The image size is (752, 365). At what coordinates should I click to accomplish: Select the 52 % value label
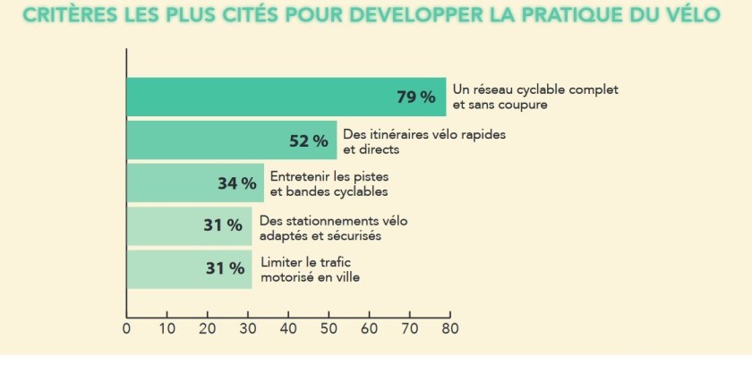point(308,141)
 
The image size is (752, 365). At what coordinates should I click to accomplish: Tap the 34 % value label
point(236,183)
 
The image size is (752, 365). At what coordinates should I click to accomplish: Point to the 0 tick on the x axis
point(126,328)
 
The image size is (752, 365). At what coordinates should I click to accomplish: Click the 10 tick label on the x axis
point(167,328)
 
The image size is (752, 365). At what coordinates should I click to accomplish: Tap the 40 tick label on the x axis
point(288,328)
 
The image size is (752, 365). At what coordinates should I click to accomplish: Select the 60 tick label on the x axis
point(369,328)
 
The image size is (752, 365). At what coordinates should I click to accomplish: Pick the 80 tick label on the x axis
point(450,328)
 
